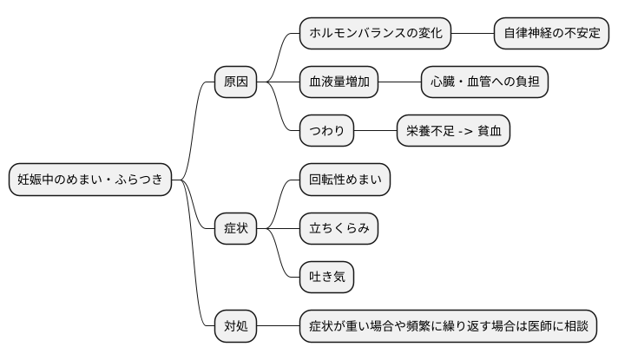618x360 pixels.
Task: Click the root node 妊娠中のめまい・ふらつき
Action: pyautogui.click(x=90, y=180)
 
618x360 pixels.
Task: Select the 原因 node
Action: pyautogui.click(x=236, y=82)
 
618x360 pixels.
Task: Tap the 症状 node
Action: pyautogui.click(x=236, y=229)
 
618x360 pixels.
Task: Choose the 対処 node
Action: pyautogui.click(x=236, y=326)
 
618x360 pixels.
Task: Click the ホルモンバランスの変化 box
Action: pyautogui.click(x=376, y=34)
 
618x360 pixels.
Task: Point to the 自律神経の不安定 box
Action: pyautogui.click(x=551, y=34)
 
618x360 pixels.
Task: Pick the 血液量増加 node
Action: pyautogui.click(x=339, y=82)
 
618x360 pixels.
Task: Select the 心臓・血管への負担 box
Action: pyautogui.click(x=484, y=82)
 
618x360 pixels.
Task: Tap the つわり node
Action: pyautogui.click(x=327, y=132)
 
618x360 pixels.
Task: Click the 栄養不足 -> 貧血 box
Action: pyautogui.click(x=453, y=132)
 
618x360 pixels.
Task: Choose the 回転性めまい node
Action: pyautogui.click(x=345, y=180)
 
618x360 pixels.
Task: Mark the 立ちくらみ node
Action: pyautogui.click(x=339, y=229)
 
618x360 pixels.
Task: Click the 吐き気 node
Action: pyautogui.click(x=327, y=278)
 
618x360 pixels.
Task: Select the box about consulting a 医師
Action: pyautogui.click(x=449, y=326)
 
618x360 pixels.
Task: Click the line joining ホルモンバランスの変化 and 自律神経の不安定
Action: pyautogui.click(x=473, y=34)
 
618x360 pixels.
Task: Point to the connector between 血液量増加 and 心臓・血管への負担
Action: pyautogui.click(x=400, y=82)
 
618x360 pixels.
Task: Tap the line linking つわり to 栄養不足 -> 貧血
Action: pyautogui.click(x=376, y=132)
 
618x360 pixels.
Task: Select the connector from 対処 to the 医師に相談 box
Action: pyautogui.click(x=279, y=326)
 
